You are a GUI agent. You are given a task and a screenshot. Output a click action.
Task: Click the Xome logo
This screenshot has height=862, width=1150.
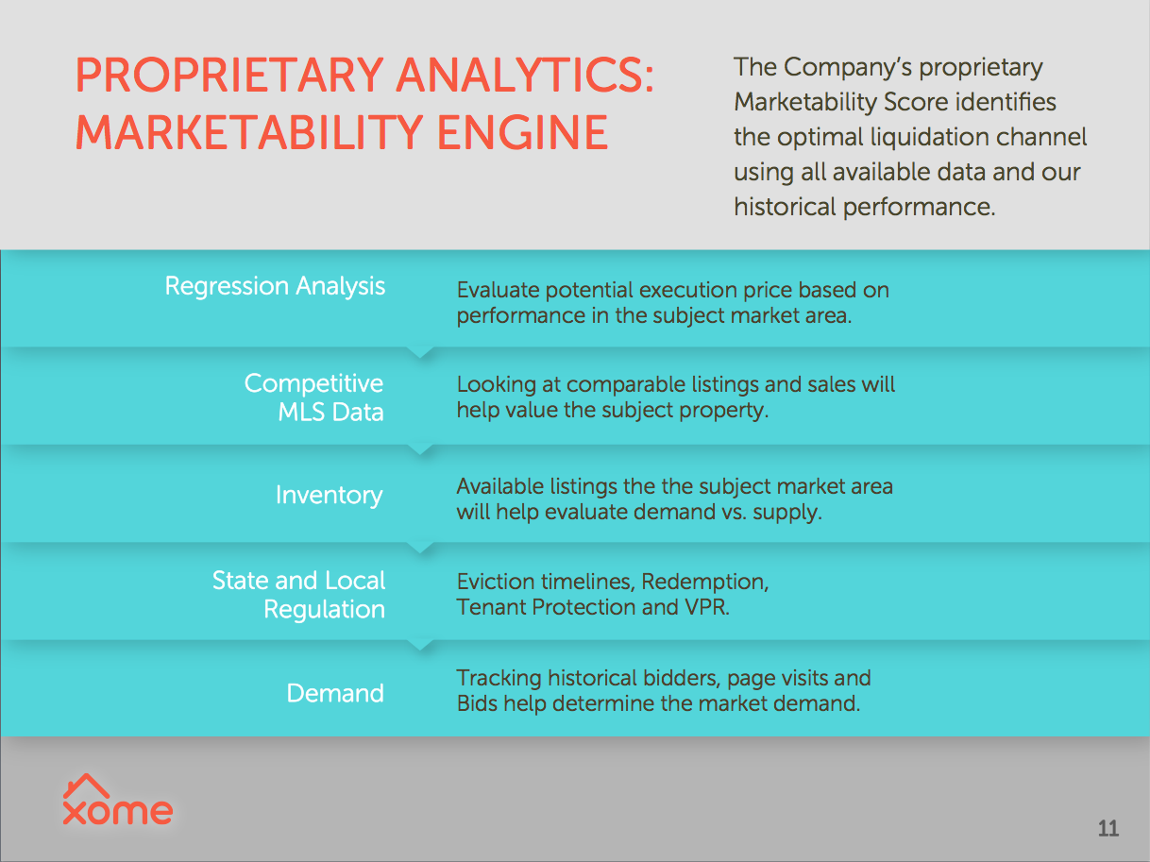[x=117, y=800]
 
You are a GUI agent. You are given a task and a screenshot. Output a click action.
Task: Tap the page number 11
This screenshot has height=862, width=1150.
[x=1108, y=829]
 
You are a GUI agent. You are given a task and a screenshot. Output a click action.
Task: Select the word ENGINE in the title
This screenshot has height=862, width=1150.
[x=522, y=133]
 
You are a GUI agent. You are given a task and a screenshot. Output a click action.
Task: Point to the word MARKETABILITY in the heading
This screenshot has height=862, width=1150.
[x=249, y=133]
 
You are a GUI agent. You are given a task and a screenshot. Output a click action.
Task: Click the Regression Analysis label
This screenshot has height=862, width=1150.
[x=275, y=286]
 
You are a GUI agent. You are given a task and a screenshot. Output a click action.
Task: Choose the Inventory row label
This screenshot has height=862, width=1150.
[x=329, y=496]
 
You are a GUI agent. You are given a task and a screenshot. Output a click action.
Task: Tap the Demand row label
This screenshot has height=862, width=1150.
[x=335, y=693]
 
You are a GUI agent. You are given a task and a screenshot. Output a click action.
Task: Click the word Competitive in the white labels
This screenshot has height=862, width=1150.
[x=313, y=384]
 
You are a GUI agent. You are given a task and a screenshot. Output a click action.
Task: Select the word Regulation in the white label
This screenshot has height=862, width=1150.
[x=324, y=610]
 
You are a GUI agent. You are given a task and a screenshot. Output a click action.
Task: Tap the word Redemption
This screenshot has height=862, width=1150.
[x=705, y=583]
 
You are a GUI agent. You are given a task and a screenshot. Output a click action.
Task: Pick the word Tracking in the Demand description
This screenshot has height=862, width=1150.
[x=499, y=679]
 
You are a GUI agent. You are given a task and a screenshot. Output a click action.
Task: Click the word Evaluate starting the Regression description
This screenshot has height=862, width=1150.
[x=498, y=290]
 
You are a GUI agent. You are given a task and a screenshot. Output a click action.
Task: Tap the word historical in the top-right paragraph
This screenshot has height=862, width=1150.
[x=785, y=207]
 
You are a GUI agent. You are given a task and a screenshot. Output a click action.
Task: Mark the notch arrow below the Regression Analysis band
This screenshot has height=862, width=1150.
[x=420, y=352]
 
